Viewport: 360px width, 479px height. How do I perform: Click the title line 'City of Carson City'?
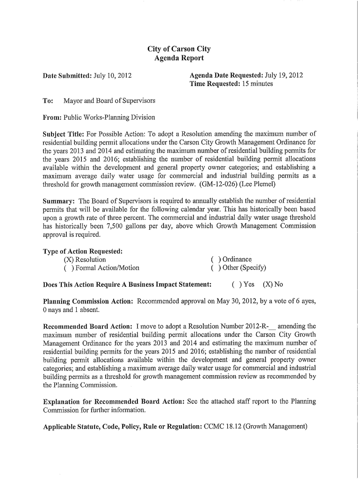click(179, 49)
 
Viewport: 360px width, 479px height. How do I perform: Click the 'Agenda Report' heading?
click(179, 58)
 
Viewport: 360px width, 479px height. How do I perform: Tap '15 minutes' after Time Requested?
click(257, 84)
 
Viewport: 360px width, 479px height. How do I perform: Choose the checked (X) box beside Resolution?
click(69, 260)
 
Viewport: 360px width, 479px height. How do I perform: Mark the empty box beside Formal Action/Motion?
click(69, 268)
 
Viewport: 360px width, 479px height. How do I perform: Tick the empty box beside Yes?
click(237, 284)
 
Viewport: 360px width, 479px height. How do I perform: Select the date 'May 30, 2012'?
click(237, 301)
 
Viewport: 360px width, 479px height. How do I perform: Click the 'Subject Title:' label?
click(64, 134)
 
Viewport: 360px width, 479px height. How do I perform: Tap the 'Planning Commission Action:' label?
click(88, 301)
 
